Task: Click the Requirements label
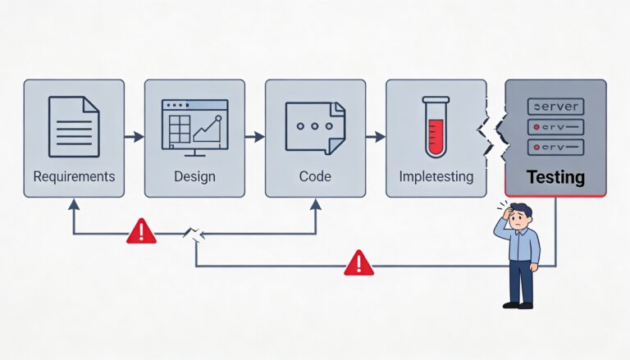pyautogui.click(x=74, y=176)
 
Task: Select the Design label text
pyautogui.click(x=194, y=176)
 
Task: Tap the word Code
pyautogui.click(x=315, y=176)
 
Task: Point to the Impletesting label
pyautogui.click(x=435, y=176)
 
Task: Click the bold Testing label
pyautogui.click(x=555, y=176)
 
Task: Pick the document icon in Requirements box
pyautogui.click(x=74, y=126)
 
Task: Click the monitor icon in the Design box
pyautogui.click(x=194, y=128)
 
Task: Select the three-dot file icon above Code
pyautogui.click(x=315, y=127)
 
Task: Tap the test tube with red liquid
pyautogui.click(x=435, y=126)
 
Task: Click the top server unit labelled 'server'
pyautogui.click(x=556, y=107)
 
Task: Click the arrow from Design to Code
pyautogui.click(x=254, y=136)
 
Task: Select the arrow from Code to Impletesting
pyautogui.click(x=375, y=136)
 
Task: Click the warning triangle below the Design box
pyautogui.click(x=141, y=233)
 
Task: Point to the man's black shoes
pyautogui.click(x=518, y=304)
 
